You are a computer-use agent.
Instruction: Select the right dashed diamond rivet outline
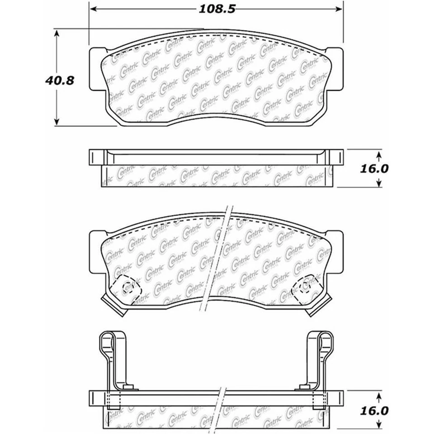(x=306, y=285)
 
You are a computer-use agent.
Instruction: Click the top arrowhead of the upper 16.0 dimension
(x=379, y=152)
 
